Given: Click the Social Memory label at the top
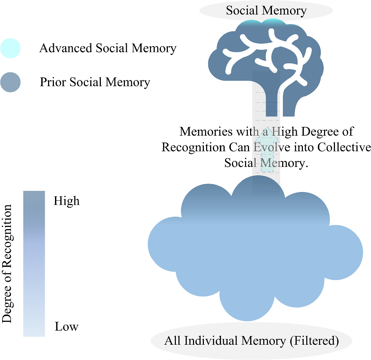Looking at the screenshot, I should click(266, 10).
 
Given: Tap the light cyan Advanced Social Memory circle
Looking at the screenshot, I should click(10, 48).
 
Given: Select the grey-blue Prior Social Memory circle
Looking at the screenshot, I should click(10, 82).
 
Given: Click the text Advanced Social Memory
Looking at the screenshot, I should click(108, 48).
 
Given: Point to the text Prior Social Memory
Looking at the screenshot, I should click(95, 82).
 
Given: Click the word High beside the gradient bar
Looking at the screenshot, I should click(67, 201).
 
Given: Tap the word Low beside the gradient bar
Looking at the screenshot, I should click(67, 326).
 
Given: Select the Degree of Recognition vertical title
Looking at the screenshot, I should click(7, 264).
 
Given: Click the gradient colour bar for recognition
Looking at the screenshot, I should click(34, 264).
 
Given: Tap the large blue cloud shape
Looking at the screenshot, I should click(255, 255).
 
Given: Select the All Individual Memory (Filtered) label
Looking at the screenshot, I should click(252, 341).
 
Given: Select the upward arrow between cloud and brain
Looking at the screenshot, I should click(266, 153).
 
